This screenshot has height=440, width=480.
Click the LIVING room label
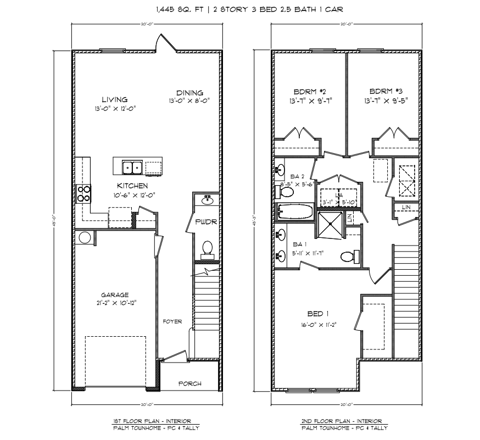click(x=114, y=99)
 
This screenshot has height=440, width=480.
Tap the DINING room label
click(x=190, y=92)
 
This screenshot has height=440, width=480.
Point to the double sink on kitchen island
click(x=132, y=167)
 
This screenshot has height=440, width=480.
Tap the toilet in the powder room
click(x=208, y=249)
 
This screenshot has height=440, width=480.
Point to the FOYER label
click(x=172, y=321)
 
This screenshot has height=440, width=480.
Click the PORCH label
click(x=190, y=383)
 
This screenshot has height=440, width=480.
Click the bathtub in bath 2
click(x=294, y=211)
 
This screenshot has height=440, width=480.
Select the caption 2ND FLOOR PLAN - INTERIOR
click(x=345, y=420)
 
